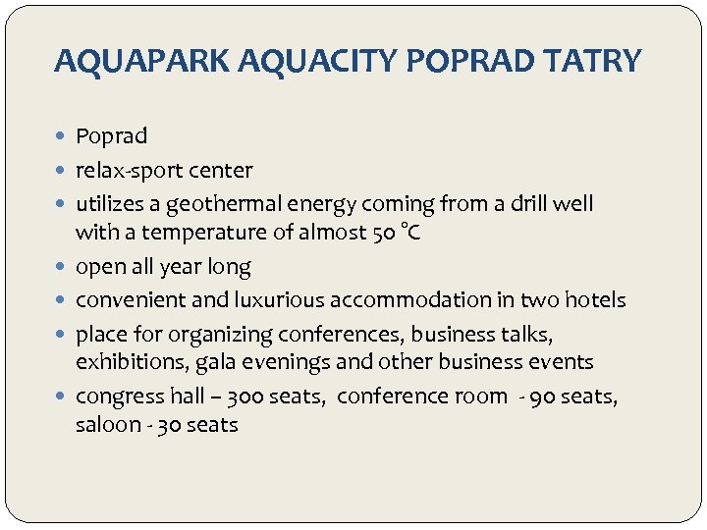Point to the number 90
[x=544, y=397]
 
